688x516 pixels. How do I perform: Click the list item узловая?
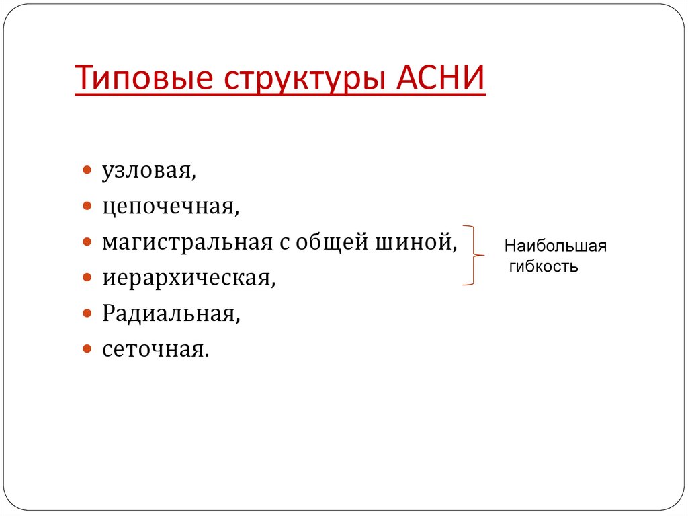149,172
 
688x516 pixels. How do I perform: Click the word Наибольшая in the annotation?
556,246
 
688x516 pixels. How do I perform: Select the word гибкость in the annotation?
544,266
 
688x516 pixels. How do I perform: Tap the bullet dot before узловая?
87,172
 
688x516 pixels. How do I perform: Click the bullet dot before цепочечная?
87,207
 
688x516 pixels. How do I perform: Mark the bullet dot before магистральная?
87,242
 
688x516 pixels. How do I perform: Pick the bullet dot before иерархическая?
87,278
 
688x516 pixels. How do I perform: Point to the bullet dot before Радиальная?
87,314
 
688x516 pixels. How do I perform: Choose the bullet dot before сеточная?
87,349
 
